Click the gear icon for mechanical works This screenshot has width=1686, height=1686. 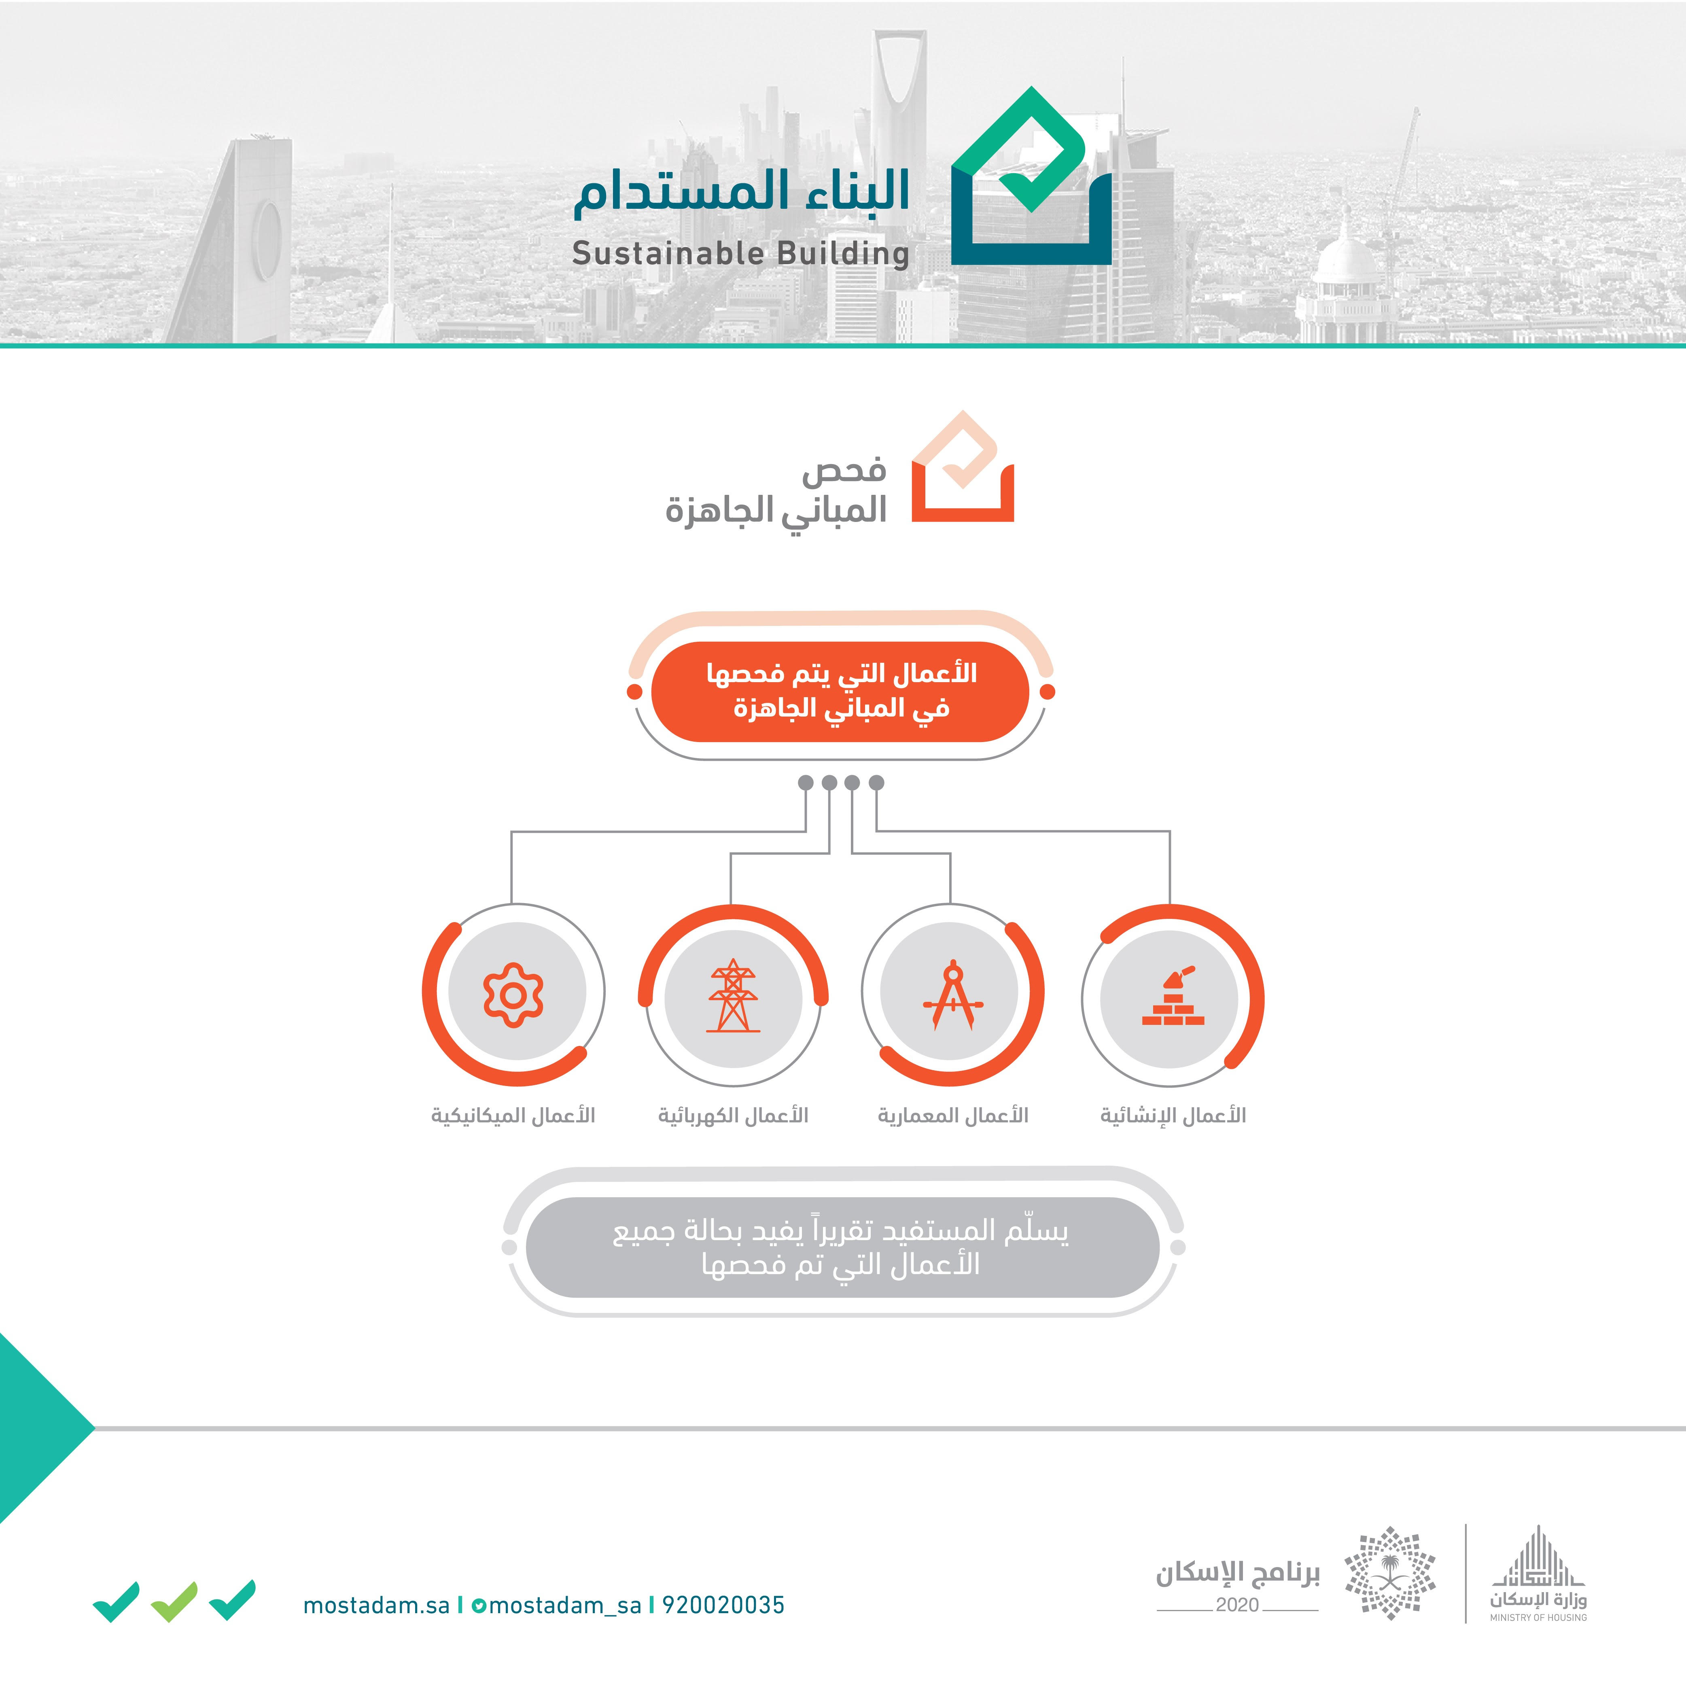click(x=513, y=995)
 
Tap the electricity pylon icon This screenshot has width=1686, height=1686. click(x=733, y=996)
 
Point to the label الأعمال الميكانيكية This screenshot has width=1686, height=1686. click(x=513, y=1115)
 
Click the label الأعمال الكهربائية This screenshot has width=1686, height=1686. click(x=733, y=1115)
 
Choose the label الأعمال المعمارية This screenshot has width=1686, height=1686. click(x=953, y=1115)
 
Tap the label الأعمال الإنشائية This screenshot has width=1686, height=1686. click(x=1173, y=1115)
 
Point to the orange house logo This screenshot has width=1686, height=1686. click(x=963, y=467)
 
